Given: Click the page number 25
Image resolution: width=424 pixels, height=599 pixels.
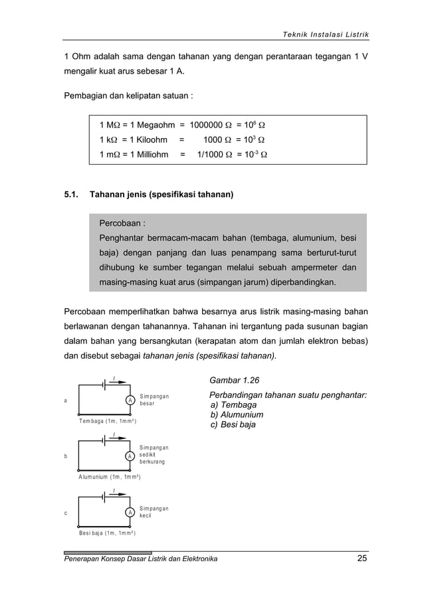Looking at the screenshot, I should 361,558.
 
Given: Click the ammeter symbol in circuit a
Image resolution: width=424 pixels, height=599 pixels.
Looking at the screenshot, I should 131,400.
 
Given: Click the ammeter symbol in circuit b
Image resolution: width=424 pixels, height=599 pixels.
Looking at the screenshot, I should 131,456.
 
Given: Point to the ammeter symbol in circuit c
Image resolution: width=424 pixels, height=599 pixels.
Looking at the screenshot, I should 131,513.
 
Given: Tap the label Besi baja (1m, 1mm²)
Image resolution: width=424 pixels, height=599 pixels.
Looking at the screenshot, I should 107,533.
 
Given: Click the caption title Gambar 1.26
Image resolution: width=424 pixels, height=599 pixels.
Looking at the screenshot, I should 235,381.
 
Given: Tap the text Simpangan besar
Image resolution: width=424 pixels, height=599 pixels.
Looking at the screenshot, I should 154,400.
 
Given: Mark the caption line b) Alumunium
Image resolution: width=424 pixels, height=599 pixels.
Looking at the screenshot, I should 237,414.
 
